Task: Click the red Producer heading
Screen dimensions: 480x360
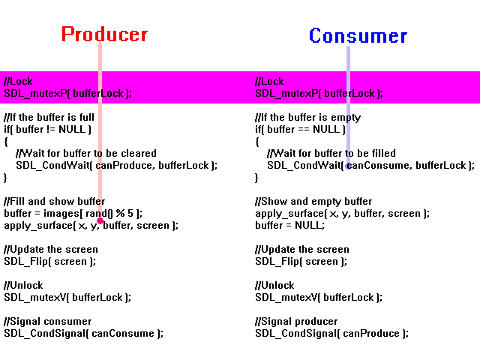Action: (105, 34)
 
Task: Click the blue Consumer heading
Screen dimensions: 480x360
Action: (358, 35)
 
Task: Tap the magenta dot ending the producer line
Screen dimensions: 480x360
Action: (100, 220)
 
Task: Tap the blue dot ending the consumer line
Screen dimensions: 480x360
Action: (348, 166)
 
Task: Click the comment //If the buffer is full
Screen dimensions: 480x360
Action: (49, 117)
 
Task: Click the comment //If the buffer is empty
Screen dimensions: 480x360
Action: (308, 118)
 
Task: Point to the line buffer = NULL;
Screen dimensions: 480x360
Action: (290, 225)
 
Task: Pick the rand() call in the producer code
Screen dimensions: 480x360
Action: (97, 213)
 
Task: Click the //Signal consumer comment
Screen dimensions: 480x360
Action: (48, 321)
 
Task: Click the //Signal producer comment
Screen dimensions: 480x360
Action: (296, 321)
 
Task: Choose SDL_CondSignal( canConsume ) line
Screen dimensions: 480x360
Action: (83, 333)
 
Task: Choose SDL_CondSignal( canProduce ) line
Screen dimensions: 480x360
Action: (331, 333)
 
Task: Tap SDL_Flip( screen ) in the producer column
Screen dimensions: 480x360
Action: (50, 261)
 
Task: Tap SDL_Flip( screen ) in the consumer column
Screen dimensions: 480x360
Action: (301, 261)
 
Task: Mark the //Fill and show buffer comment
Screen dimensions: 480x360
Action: (55, 201)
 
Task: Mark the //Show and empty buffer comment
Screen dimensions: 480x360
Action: (313, 202)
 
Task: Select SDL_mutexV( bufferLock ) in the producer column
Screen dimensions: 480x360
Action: (67, 297)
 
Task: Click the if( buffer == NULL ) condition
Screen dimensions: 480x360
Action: (300, 129)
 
